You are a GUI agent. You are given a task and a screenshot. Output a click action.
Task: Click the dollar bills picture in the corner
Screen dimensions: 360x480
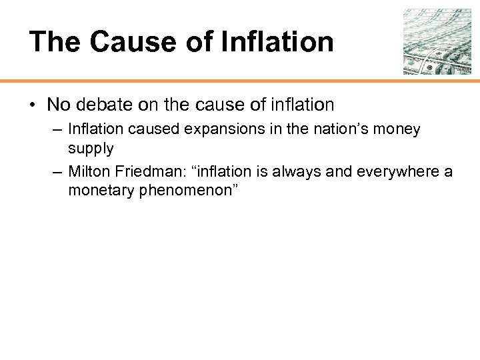[437, 41]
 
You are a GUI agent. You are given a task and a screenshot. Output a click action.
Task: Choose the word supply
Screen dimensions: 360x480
[90, 147]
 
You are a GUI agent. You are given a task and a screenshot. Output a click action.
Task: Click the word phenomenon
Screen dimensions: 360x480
[185, 190]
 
